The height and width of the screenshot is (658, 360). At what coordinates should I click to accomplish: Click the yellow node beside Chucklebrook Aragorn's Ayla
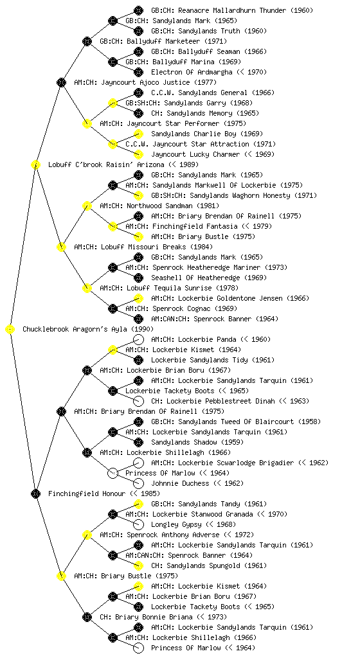(x=10, y=330)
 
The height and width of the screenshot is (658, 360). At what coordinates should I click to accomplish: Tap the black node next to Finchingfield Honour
(x=35, y=494)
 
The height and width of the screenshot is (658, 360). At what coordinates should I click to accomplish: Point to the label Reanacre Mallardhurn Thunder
(x=219, y=10)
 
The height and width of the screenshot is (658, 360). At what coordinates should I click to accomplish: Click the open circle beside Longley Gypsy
(x=138, y=524)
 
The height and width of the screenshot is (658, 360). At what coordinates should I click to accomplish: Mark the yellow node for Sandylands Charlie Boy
(x=138, y=134)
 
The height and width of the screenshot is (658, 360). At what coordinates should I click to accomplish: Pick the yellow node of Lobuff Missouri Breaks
(x=61, y=247)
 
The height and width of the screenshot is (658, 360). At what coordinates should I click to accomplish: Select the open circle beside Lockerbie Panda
(x=138, y=339)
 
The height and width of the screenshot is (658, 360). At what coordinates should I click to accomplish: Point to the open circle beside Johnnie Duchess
(x=138, y=483)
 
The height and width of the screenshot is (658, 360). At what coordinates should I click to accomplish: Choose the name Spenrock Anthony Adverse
(x=173, y=535)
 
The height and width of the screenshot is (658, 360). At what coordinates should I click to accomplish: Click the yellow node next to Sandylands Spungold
(x=138, y=565)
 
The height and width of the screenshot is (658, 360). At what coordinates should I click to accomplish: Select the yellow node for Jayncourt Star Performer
(x=87, y=123)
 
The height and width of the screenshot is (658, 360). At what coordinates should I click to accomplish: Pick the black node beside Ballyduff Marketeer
(x=87, y=41)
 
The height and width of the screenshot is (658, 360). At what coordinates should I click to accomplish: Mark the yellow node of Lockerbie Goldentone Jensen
(x=138, y=298)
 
